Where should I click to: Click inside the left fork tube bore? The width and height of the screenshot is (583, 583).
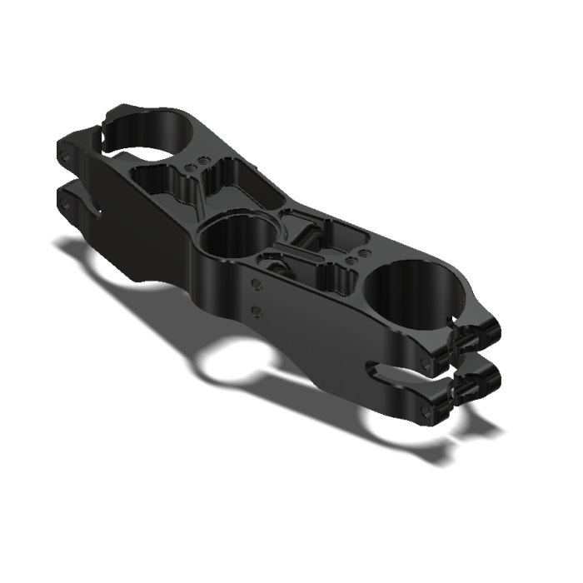(158, 133)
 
